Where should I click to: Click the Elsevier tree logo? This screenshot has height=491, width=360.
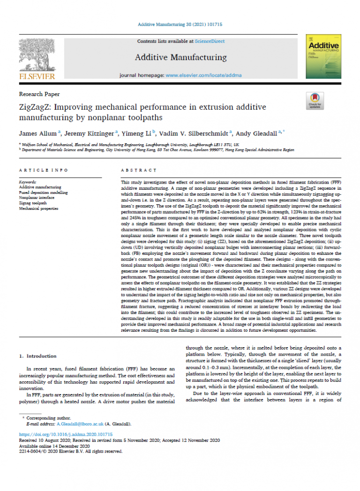(37, 56)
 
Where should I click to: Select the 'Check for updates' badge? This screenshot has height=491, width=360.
(313, 101)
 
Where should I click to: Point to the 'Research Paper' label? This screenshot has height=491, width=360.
(39, 94)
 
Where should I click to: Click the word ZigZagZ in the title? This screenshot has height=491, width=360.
(37, 107)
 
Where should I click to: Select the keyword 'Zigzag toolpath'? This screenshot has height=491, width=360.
(33, 203)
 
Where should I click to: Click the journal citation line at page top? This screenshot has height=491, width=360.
(180, 24)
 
